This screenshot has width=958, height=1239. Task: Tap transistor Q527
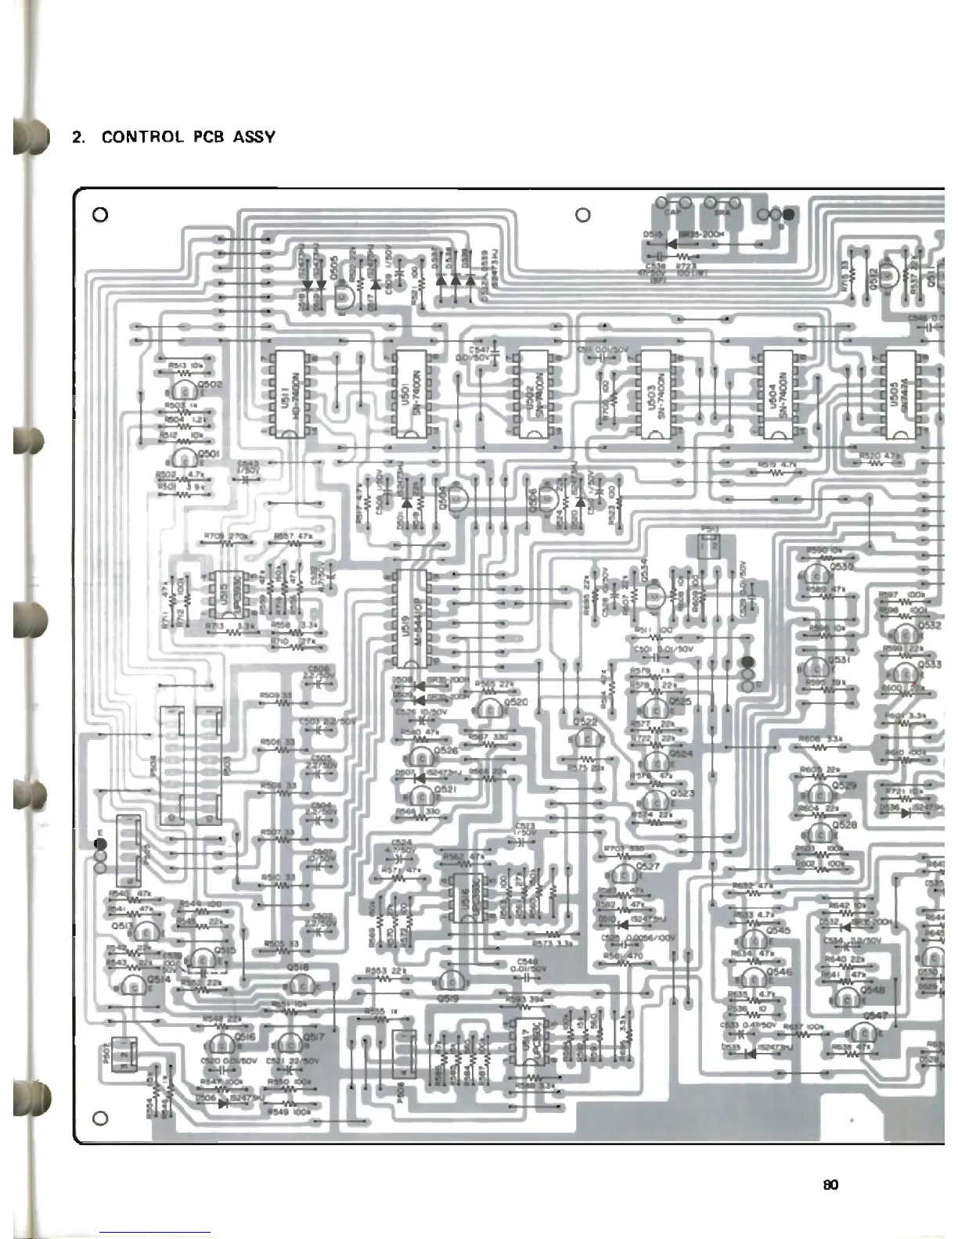coord(625,874)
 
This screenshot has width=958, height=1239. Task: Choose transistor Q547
coord(863,1033)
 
